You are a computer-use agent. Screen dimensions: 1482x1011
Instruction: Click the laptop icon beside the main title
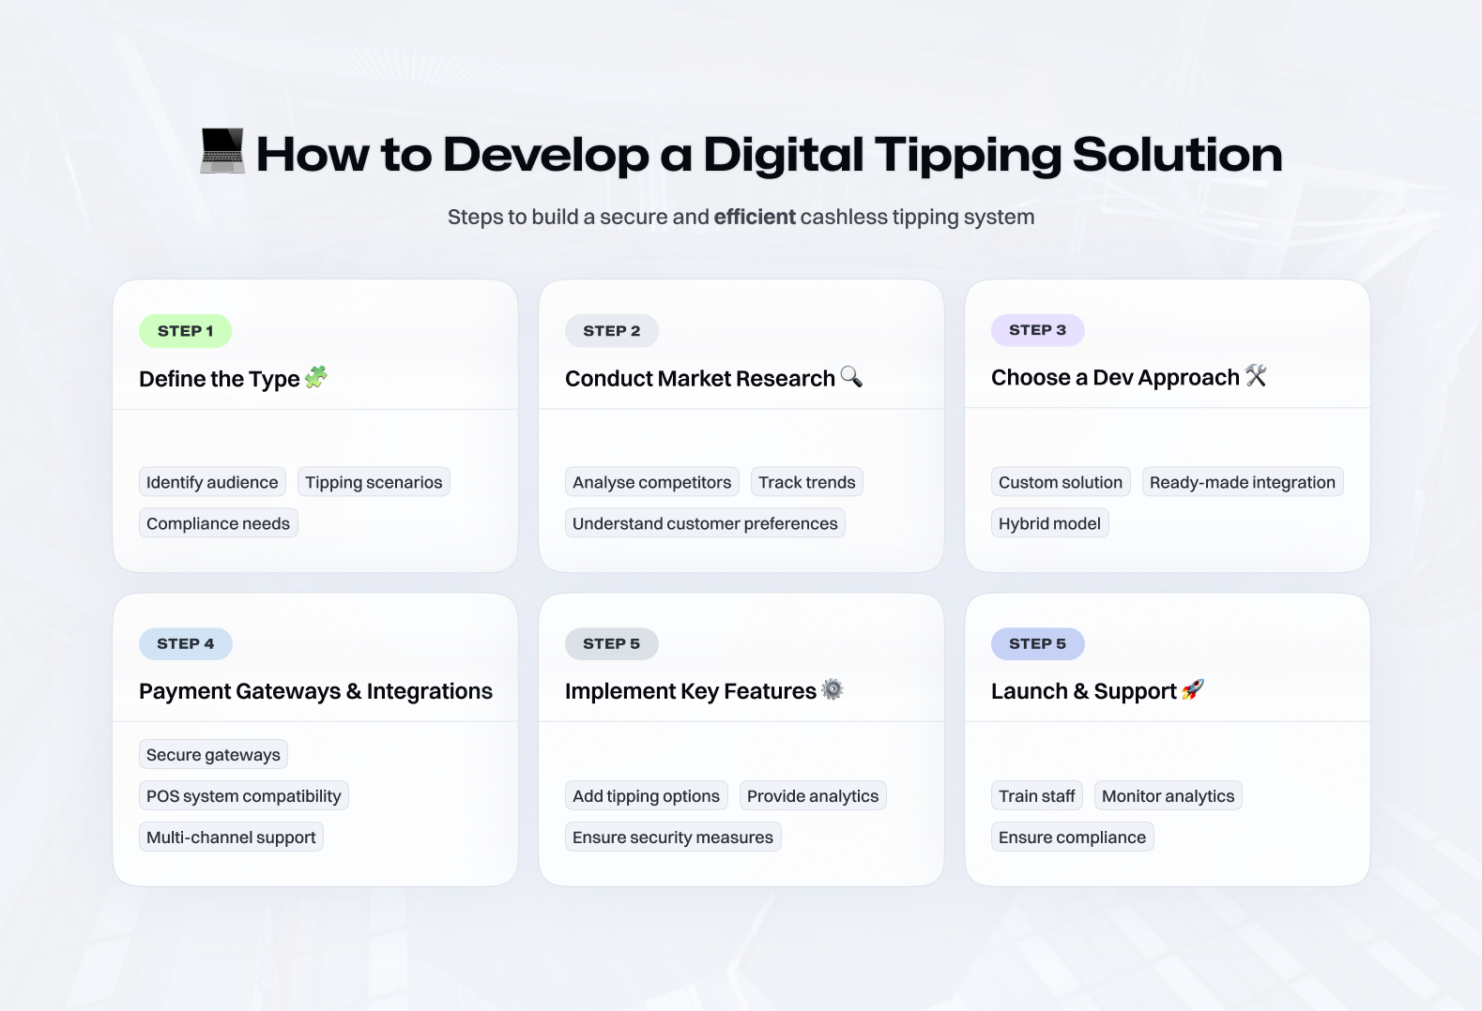222,151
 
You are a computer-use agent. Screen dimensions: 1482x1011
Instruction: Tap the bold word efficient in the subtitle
755,217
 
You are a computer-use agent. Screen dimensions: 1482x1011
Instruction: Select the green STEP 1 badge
185,331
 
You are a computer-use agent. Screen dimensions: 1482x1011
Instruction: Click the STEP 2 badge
611,331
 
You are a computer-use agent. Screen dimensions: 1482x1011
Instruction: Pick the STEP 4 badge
185,643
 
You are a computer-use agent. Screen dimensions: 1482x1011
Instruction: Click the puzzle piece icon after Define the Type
315,377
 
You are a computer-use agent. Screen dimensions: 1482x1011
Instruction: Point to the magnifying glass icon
851,376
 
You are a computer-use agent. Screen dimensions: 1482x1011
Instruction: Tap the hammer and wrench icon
1256,375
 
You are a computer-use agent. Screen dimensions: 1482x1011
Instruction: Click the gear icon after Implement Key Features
833,689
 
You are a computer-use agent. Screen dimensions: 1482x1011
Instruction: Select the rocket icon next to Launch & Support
1193,689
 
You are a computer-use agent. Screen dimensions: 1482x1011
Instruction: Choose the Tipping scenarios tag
374,482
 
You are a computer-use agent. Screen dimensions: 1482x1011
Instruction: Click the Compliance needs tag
219,523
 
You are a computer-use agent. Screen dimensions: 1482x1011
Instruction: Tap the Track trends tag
806,482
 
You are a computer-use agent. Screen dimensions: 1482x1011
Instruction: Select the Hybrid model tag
1049,523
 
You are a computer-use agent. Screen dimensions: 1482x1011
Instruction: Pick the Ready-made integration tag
1243,482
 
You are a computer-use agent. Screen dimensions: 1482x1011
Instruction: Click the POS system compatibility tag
243,795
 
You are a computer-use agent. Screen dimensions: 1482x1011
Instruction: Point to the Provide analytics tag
813,795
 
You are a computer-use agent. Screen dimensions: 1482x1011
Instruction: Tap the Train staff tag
1037,795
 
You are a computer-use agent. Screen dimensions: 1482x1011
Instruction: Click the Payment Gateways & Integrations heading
315,691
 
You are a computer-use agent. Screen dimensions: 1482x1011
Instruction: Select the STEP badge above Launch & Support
1037,643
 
